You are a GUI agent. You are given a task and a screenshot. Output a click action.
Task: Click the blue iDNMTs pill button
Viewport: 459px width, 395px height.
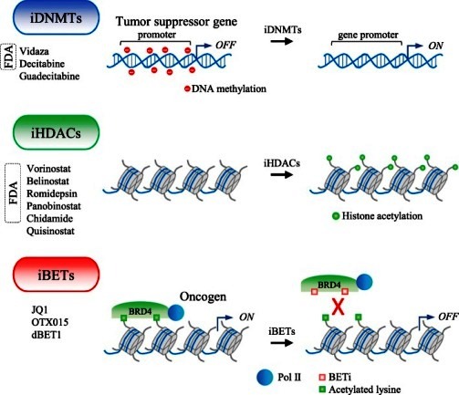(57, 17)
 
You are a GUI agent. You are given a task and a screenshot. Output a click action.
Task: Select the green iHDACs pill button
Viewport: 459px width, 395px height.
(57, 132)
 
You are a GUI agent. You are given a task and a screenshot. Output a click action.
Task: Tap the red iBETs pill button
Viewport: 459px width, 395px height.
(57, 275)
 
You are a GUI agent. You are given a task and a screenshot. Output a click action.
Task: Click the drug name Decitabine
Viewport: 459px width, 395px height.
(42, 64)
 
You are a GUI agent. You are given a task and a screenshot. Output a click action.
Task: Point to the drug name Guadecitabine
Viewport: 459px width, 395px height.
(49, 76)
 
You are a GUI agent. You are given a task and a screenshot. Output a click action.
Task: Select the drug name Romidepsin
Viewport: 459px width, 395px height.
(52, 193)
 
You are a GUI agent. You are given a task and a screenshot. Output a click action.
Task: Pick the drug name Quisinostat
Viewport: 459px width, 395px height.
(50, 231)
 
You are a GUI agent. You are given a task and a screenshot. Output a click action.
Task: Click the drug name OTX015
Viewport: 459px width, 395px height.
(49, 322)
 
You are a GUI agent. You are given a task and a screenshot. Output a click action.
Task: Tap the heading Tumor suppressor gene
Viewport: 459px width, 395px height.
(176, 22)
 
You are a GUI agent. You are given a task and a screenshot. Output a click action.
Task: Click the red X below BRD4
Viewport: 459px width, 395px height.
(338, 307)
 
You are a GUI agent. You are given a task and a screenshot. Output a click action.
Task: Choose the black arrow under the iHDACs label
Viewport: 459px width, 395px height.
(282, 175)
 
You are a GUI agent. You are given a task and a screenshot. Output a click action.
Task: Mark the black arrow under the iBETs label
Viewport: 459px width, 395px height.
(282, 343)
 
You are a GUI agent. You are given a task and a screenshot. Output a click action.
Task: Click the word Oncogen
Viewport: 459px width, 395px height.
(203, 296)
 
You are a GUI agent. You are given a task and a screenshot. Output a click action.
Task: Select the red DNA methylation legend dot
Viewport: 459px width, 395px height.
(187, 89)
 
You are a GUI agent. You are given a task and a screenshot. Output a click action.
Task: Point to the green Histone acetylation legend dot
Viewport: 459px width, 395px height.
(336, 216)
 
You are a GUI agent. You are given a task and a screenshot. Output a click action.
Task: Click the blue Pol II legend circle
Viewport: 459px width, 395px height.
(265, 378)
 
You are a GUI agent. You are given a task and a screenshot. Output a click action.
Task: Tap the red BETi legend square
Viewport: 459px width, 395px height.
(322, 378)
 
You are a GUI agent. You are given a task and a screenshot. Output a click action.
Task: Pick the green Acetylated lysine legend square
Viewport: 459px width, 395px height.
(322, 390)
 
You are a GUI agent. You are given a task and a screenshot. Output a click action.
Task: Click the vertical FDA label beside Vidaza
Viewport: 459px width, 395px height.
(8, 57)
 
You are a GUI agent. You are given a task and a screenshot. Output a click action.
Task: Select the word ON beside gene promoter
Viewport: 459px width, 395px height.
(435, 46)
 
